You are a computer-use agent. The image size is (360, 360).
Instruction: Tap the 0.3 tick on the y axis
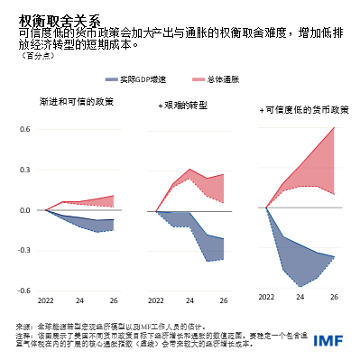point(24,170)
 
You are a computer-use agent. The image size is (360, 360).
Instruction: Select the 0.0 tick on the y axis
point(24,210)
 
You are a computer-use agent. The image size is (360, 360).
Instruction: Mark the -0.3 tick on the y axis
point(23,251)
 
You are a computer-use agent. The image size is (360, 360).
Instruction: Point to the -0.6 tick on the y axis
point(23,291)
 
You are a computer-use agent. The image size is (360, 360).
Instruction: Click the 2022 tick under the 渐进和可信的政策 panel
point(46,301)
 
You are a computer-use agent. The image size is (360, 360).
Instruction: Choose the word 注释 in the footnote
point(23,333)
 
